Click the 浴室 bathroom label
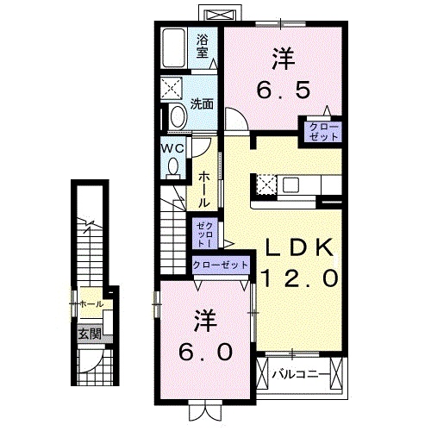point(203,46)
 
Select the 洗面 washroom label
point(202,103)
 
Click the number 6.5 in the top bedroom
point(282,89)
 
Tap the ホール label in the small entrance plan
point(91,304)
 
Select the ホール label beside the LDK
point(203,189)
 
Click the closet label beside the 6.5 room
point(321,131)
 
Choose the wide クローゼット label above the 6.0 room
point(220,265)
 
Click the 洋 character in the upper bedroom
point(282,59)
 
